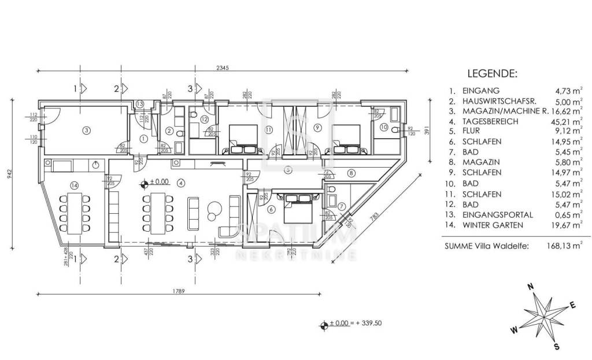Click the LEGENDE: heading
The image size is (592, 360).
pos(492,75)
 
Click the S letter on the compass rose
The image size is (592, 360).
pos(557,347)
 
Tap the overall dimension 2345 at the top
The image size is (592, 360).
pos(223,68)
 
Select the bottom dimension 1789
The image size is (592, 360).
pos(178,291)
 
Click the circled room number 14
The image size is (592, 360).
pos(73,185)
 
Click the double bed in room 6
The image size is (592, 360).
pos(298,207)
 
